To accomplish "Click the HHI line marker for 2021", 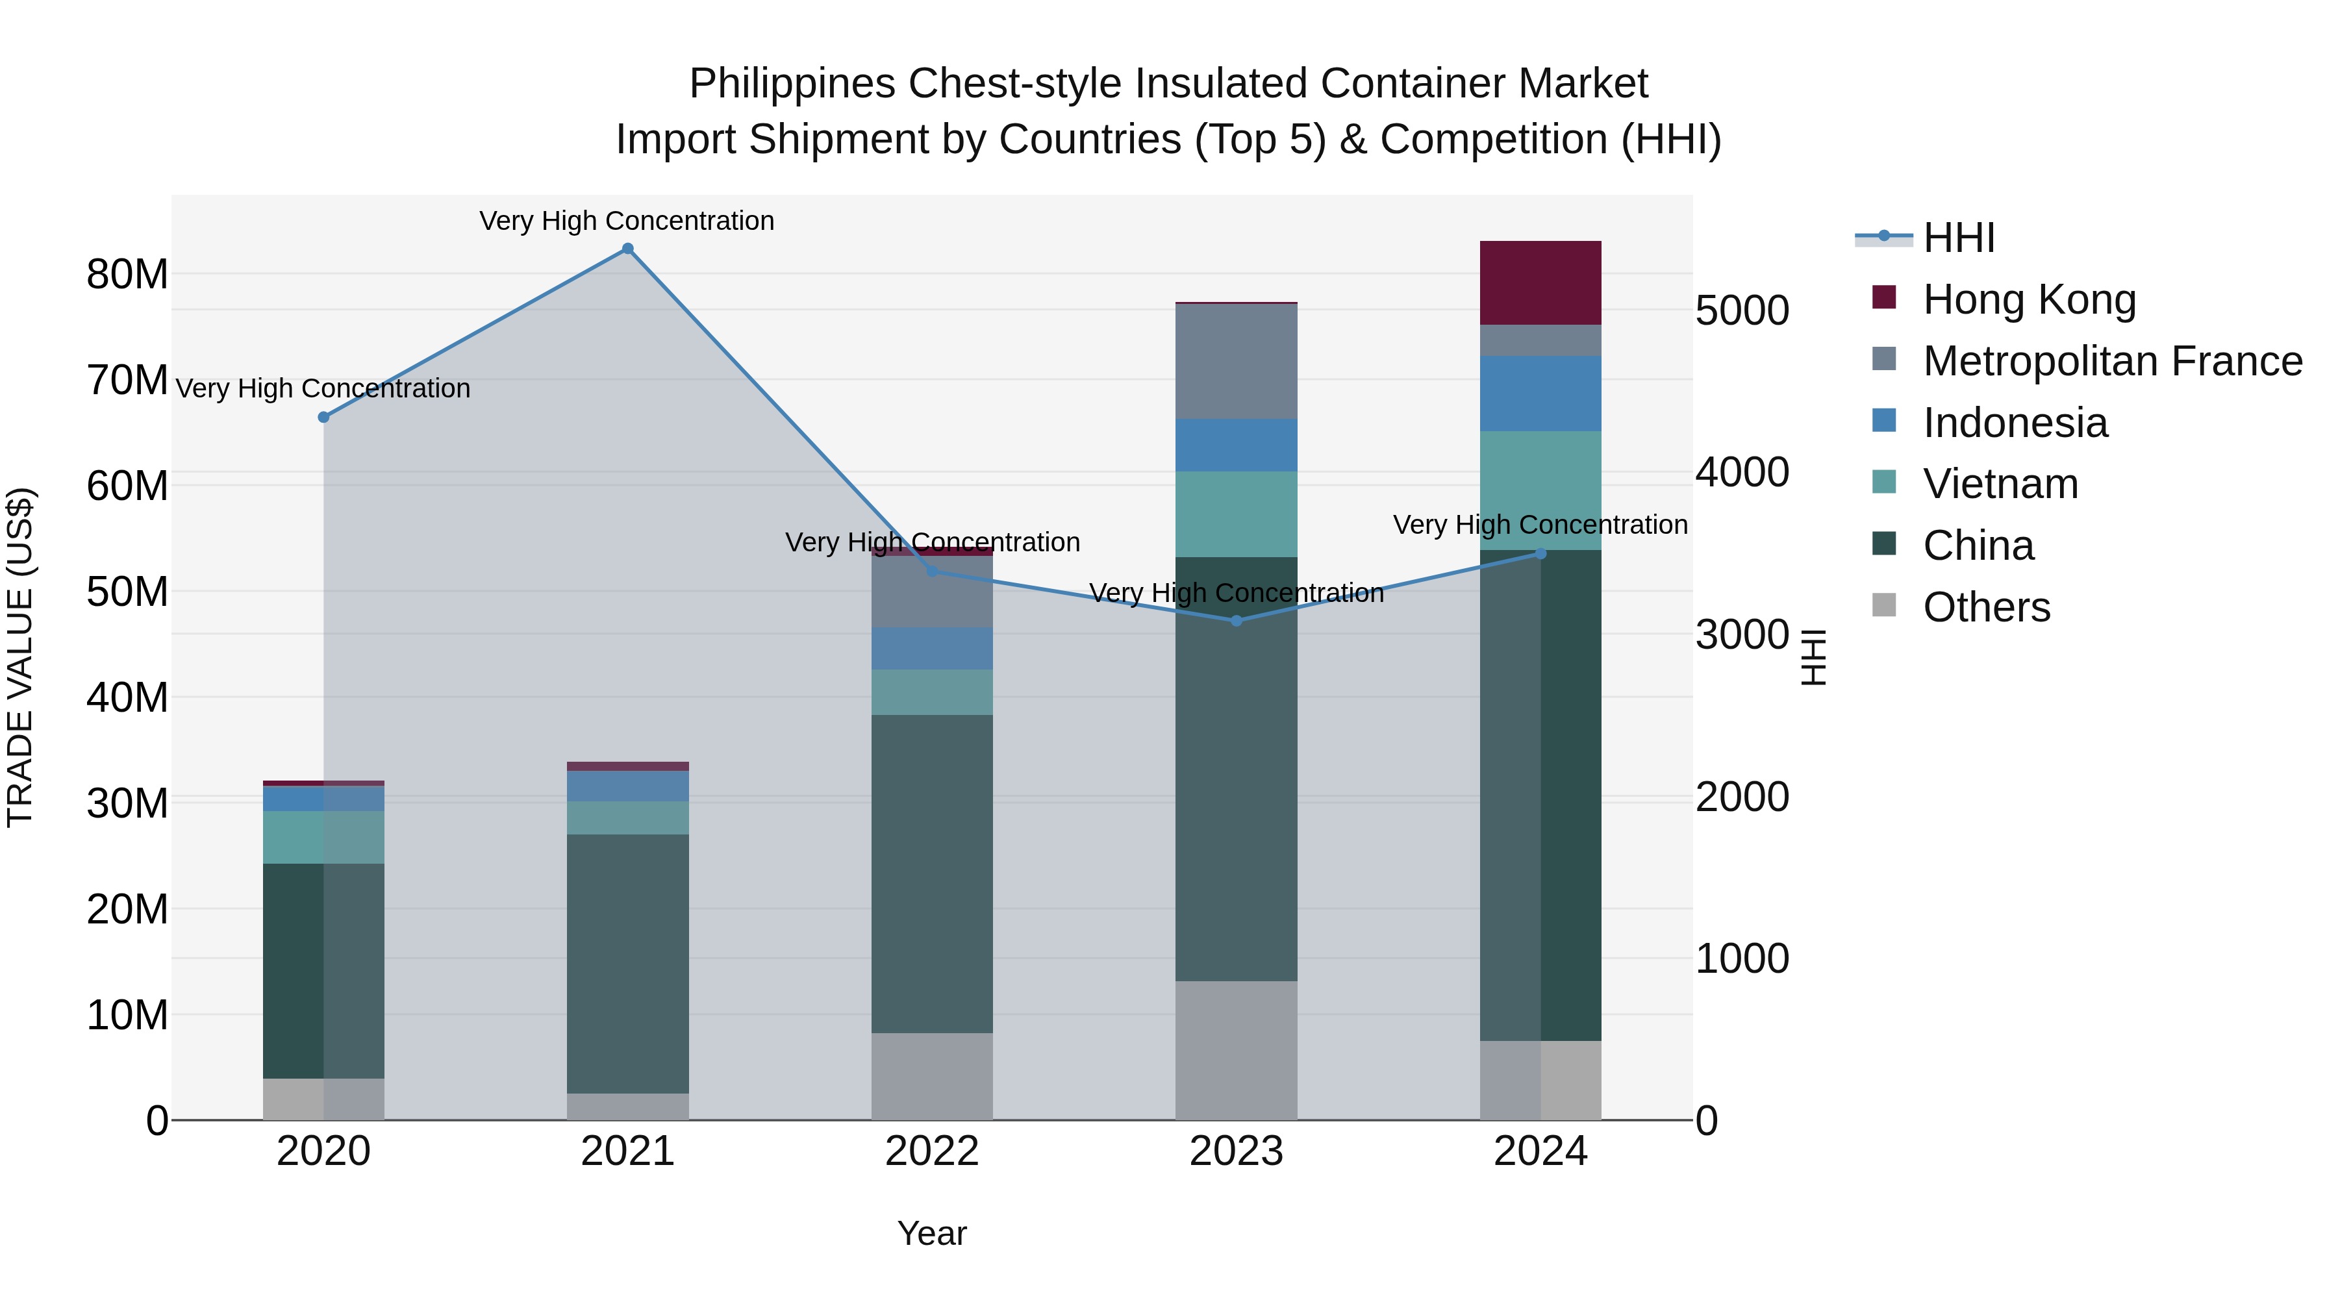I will coord(627,249).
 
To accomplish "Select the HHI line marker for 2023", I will coord(1236,621).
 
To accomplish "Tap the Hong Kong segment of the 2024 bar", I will coord(1540,283).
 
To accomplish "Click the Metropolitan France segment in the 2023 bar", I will coord(1236,361).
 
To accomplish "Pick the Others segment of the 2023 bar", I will coord(1236,1050).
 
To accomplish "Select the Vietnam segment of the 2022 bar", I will coord(932,692).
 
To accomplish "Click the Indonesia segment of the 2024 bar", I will coord(1540,394).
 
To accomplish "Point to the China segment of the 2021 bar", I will coord(627,964).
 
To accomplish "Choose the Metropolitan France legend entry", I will coord(2112,361).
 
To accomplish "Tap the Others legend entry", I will coord(1986,607).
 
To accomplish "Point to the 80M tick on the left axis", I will coord(127,274).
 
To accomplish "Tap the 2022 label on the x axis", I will coord(932,1151).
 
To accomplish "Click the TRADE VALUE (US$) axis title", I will coord(20,657).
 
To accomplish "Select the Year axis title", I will coord(932,1233).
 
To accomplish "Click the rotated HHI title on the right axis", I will coord(1813,657).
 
